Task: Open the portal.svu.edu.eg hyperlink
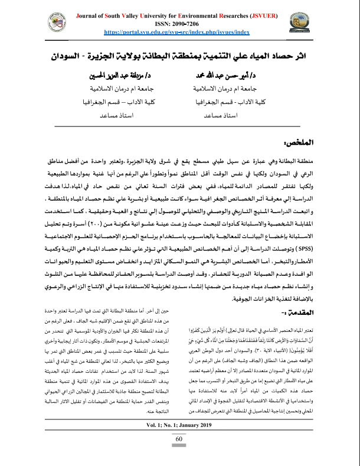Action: point(177,32)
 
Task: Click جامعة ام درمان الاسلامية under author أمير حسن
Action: point(230,89)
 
